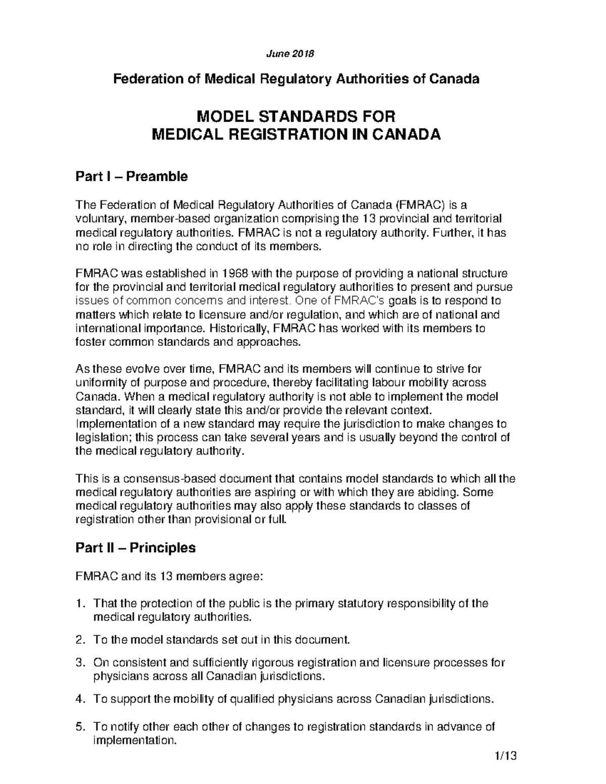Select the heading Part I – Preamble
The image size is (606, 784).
(131, 176)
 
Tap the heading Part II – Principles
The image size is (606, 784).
(135, 548)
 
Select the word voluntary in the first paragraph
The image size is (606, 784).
(97, 219)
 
